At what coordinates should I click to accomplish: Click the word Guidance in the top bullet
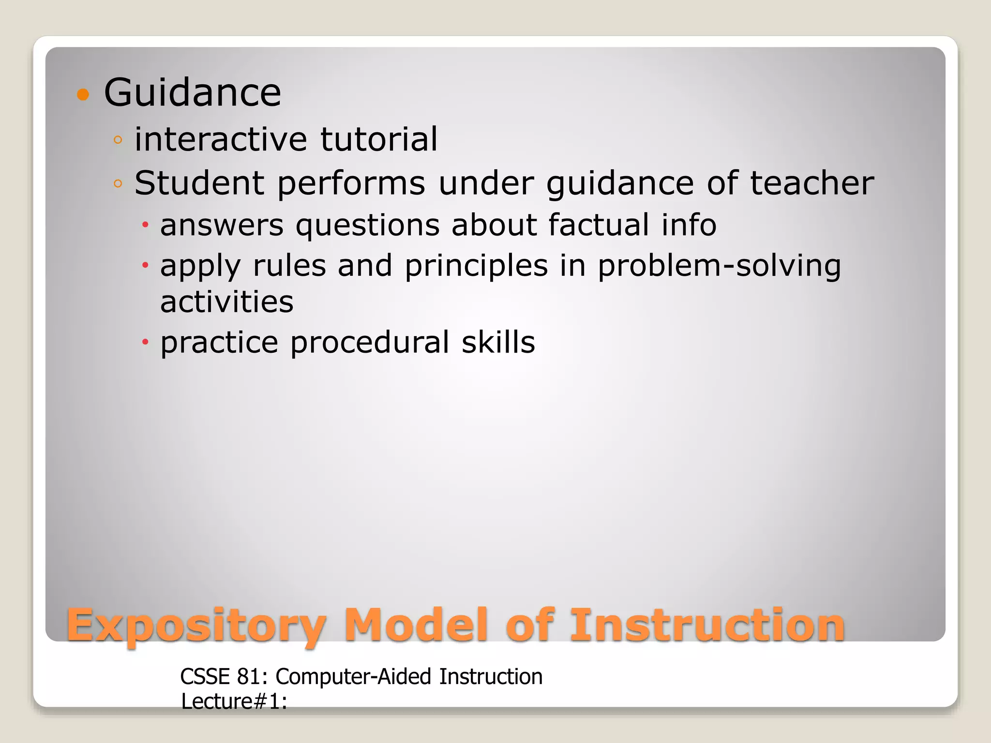pos(192,92)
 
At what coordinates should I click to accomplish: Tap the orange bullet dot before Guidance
pos(83,94)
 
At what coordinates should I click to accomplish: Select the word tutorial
pos(379,139)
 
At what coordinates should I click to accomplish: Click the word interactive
pos(221,139)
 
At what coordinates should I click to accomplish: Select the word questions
pos(368,226)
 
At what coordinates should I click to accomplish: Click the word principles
pos(476,267)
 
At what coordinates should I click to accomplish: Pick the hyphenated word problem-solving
pos(719,266)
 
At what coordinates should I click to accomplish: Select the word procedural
pos(370,343)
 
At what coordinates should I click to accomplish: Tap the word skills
pos(498,342)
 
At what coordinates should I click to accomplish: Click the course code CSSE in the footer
pos(206,677)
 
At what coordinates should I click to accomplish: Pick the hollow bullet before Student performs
pos(118,183)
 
